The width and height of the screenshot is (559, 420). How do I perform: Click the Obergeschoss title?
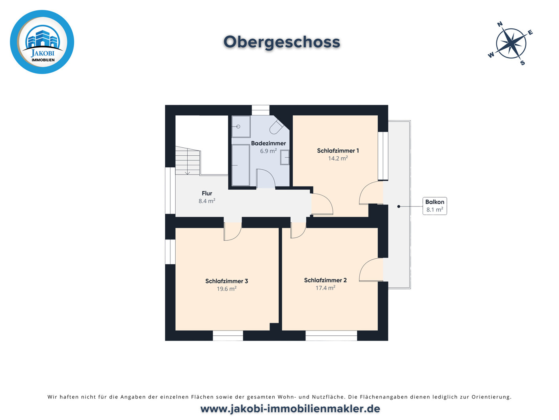(281, 42)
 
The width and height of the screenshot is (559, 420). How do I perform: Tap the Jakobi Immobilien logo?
(42, 42)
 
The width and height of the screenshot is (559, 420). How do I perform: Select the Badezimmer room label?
(268, 143)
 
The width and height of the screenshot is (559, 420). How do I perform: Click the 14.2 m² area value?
(338, 158)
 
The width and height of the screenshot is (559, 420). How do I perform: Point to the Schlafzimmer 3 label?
(227, 281)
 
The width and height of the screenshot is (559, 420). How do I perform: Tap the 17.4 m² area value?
(325, 288)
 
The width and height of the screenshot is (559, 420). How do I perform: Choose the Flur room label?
(207, 193)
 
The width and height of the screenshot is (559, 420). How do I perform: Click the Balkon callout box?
(435, 206)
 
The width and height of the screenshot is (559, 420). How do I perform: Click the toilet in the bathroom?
(277, 127)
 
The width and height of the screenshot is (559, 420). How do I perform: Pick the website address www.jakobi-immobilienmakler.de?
(290, 408)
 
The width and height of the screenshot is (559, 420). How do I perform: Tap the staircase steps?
(188, 160)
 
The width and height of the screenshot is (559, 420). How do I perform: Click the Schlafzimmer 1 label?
(338, 151)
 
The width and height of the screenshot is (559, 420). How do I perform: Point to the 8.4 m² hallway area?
(207, 201)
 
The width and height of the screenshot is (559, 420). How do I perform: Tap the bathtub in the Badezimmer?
(240, 165)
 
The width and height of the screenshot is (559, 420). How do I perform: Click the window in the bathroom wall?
(260, 110)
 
